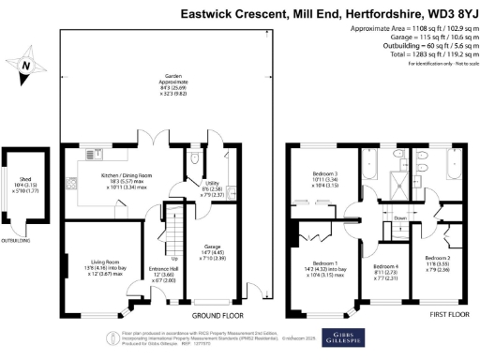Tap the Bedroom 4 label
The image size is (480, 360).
click(x=387, y=269)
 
